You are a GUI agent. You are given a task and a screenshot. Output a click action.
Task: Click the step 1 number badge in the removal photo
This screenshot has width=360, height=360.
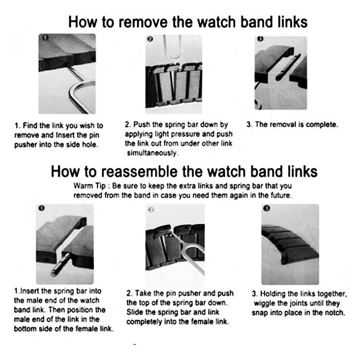[x=45, y=37]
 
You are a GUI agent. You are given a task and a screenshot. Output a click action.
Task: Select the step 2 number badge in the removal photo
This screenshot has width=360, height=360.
[x=150, y=39]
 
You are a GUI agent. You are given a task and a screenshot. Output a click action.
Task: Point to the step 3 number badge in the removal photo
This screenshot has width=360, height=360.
[x=260, y=39]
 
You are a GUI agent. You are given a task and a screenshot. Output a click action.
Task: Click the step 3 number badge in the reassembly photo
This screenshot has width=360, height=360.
[x=266, y=208]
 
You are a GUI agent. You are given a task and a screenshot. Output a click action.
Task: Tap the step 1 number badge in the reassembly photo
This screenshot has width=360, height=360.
[x=41, y=208]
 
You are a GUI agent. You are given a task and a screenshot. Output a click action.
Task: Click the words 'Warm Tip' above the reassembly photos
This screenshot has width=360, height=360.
[x=90, y=186]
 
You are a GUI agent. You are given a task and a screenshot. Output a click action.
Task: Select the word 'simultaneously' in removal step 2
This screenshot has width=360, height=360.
[x=152, y=153]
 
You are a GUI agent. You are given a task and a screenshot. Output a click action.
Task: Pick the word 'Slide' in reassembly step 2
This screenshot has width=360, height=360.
[x=135, y=312]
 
